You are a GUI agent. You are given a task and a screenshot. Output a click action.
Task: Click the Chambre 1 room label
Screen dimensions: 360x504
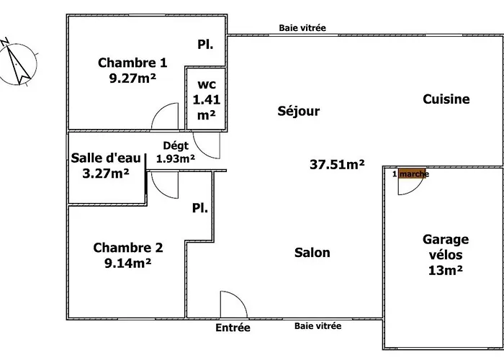tap(127, 63)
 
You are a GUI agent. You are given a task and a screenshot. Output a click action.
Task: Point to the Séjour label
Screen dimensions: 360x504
tap(298, 112)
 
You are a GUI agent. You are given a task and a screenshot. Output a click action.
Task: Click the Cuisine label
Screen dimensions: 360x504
tap(446, 99)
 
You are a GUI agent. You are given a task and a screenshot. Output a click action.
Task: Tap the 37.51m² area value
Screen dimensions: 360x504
tap(337, 165)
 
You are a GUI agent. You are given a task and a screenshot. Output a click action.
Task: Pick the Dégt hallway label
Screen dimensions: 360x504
tap(176, 145)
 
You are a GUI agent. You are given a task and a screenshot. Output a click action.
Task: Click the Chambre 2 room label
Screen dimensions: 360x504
tap(128, 248)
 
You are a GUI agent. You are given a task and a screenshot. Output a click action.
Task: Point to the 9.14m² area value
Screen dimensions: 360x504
tap(127, 263)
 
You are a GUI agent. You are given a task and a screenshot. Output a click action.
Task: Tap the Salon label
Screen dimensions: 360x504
tap(312, 253)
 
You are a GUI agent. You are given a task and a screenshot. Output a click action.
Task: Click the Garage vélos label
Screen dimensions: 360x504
tap(446, 247)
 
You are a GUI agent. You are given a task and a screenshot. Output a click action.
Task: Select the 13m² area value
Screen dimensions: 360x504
tap(444, 271)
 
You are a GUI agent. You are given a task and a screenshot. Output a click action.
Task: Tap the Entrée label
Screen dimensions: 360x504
tap(233, 328)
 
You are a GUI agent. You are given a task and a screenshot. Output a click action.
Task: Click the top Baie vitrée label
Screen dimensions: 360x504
tap(302, 28)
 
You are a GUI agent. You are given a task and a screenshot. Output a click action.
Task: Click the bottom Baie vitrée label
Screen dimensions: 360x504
tap(318, 326)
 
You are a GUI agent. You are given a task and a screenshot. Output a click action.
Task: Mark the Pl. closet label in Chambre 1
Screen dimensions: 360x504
tap(205, 45)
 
